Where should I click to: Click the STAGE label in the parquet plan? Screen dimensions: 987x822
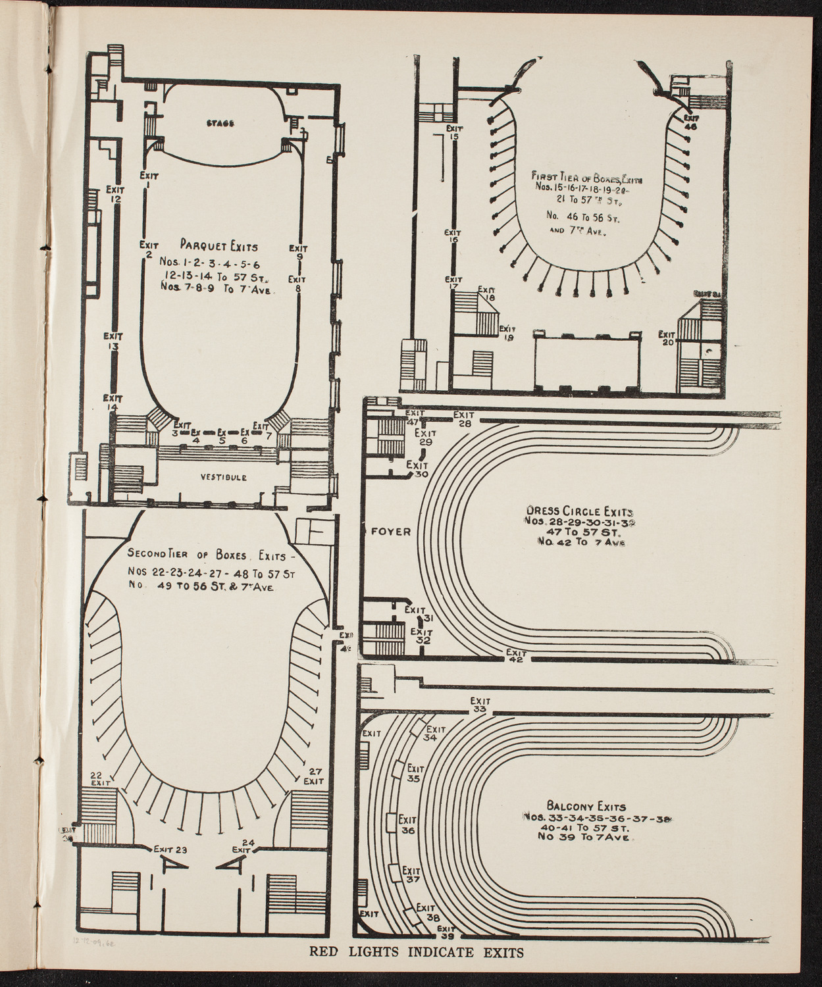(x=220, y=123)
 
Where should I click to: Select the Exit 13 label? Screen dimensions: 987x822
(x=113, y=341)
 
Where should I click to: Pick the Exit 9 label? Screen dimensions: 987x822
(x=298, y=253)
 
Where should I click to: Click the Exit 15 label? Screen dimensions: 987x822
(x=453, y=133)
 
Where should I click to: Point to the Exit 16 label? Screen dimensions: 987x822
(x=452, y=237)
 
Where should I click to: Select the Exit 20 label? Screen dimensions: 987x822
(x=667, y=338)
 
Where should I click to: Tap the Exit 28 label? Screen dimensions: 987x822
(x=464, y=419)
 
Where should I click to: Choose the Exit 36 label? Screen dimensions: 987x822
(x=407, y=825)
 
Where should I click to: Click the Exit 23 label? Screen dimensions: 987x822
(x=171, y=849)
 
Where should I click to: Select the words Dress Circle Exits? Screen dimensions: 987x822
(x=579, y=511)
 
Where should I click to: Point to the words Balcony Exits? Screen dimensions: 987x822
(x=586, y=806)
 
